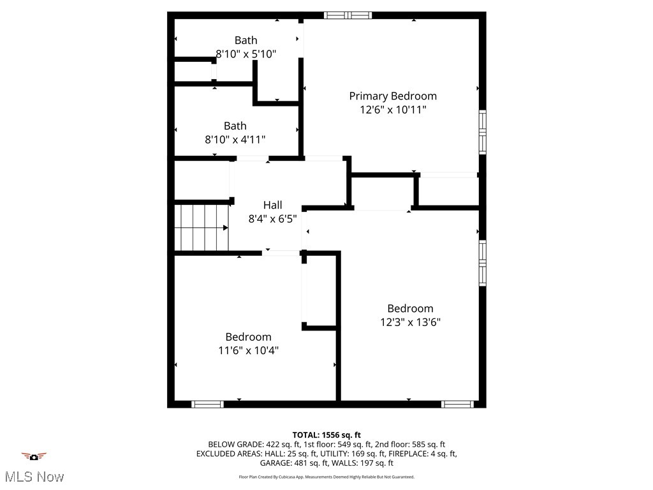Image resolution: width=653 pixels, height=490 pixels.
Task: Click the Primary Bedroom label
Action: coord(393,96)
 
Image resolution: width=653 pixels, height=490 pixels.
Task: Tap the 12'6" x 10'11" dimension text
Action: coord(393,110)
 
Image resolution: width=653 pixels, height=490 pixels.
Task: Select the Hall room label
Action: coord(272,205)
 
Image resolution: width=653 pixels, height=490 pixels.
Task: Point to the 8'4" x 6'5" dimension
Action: coord(272,219)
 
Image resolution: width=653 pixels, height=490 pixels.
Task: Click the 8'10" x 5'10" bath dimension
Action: coord(246,54)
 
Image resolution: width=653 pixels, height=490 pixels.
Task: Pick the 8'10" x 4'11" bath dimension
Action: coord(235,139)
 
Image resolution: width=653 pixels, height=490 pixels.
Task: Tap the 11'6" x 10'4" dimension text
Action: coord(248,350)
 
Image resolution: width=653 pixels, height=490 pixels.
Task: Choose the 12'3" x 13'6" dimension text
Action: coord(410,322)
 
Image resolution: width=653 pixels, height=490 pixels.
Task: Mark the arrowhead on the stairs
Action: coord(226,228)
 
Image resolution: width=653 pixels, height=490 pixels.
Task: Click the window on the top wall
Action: coord(348,15)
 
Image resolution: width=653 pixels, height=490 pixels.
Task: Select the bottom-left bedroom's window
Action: coord(208,404)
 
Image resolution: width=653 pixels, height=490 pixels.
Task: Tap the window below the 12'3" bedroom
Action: coord(457,404)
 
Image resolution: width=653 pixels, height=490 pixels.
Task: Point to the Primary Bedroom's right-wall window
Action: coord(483,132)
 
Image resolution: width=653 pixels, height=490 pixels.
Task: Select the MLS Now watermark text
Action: coord(34,477)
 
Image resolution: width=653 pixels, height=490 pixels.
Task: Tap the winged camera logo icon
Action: coord(34,456)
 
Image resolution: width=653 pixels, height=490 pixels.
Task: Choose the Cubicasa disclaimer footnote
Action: coord(326,477)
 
